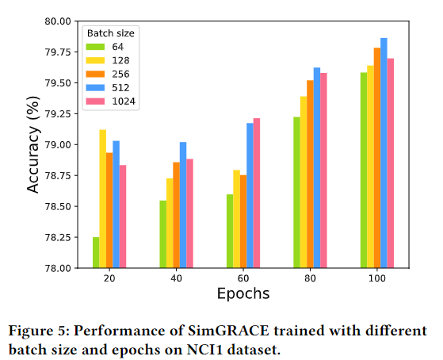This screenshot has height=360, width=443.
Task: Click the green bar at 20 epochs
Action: [96, 252]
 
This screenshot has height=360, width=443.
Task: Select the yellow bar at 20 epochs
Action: [103, 199]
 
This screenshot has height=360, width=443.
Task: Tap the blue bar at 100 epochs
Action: [384, 153]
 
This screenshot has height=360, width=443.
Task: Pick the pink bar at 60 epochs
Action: [257, 193]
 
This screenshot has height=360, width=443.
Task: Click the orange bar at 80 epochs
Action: [310, 174]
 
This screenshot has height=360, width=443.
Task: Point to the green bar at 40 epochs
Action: [163, 234]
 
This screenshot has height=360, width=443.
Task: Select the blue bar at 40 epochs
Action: [183, 205]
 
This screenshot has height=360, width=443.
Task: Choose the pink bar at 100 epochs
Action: [391, 163]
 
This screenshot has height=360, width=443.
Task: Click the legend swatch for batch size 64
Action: [95, 47]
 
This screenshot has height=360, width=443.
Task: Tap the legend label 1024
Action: [124, 101]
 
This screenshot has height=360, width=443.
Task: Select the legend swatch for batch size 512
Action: [95, 88]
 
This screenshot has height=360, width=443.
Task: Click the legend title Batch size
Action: [110, 33]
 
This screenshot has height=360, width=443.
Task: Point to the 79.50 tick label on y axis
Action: [58, 83]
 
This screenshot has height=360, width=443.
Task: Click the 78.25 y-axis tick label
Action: [58, 237]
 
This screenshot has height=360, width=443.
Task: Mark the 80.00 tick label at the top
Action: [58, 21]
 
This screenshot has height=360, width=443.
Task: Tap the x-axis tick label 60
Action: [243, 278]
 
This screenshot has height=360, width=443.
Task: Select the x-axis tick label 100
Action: [377, 278]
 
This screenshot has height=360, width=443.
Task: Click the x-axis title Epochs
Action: [243, 293]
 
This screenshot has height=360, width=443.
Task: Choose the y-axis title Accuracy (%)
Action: [33, 144]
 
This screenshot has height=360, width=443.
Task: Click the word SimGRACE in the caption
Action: [228, 331]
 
